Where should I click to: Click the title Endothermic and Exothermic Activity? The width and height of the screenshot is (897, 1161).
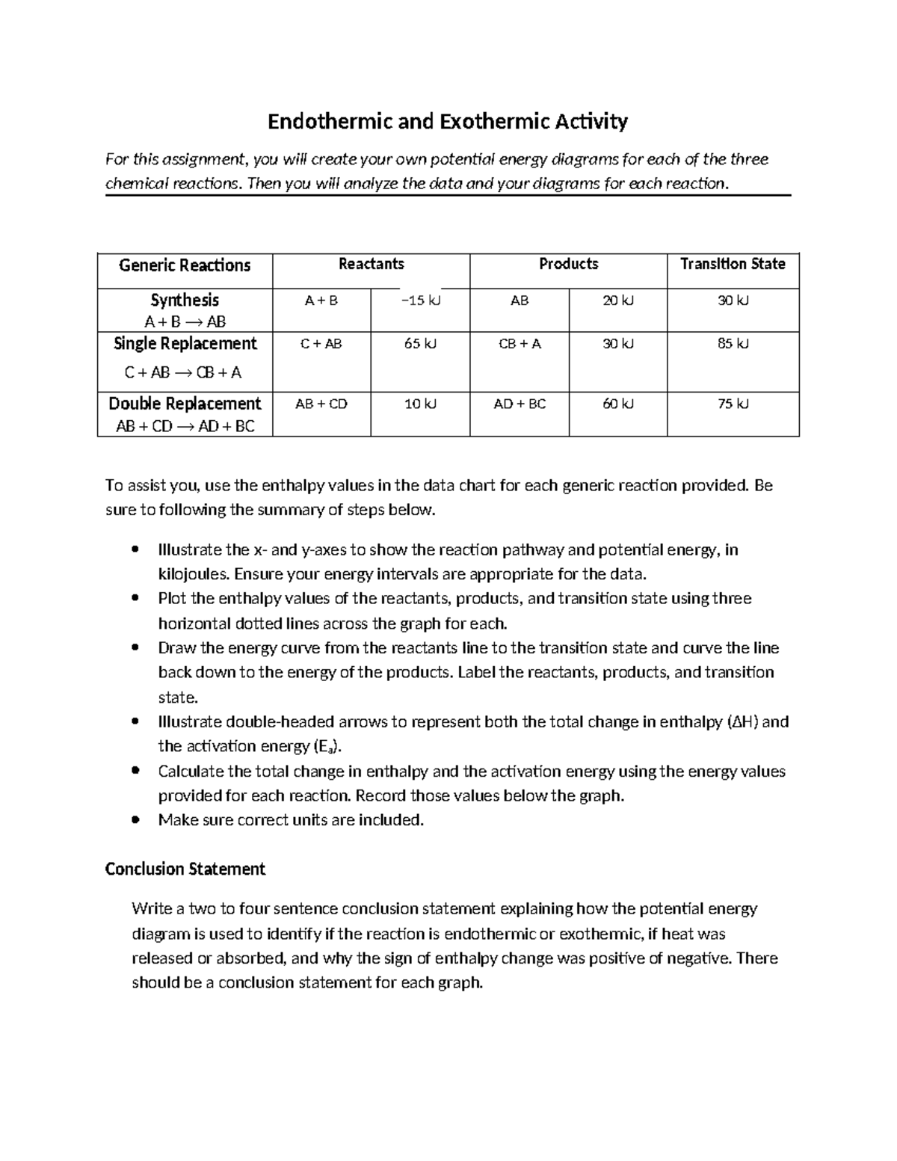(448, 121)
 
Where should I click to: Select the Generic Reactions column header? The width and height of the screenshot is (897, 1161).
(185, 265)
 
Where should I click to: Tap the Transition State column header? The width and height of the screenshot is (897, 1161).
(733, 264)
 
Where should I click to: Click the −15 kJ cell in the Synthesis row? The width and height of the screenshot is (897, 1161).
(421, 301)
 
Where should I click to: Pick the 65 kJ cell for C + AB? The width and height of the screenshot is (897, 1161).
(421, 344)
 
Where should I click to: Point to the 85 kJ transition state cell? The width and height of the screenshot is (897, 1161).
(733, 344)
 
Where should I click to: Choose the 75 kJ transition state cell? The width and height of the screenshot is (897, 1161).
(733, 404)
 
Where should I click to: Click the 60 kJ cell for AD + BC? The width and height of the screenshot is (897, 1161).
(618, 404)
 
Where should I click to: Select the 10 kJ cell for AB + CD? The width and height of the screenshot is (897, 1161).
(421, 404)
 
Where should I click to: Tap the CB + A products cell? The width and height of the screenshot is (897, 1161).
(520, 344)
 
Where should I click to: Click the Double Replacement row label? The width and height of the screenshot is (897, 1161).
(185, 404)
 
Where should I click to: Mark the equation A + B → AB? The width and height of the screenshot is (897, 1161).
(185, 322)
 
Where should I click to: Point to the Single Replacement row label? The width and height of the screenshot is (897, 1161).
(185, 344)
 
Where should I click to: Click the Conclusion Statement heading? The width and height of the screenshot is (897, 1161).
(185, 869)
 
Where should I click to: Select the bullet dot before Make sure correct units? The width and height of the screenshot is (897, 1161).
(135, 820)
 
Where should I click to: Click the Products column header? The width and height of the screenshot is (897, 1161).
(568, 264)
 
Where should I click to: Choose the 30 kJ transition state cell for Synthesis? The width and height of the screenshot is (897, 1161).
(733, 301)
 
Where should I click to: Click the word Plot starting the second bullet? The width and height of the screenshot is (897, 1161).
(173, 599)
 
